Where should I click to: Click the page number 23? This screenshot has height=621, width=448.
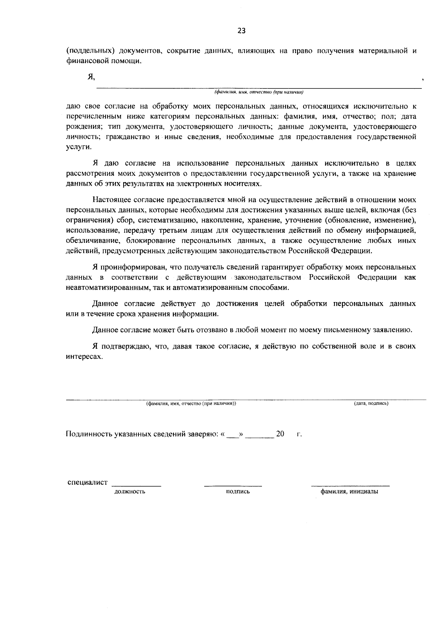(x=241, y=31)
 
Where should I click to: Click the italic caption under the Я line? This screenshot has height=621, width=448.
(x=259, y=92)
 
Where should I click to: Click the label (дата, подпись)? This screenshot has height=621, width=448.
(x=371, y=404)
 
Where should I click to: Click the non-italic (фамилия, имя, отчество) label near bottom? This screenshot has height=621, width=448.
(x=191, y=404)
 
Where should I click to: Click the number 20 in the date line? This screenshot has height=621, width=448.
(x=280, y=434)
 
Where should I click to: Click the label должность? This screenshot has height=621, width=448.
(x=130, y=492)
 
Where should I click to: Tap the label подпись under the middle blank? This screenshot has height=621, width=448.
(x=238, y=492)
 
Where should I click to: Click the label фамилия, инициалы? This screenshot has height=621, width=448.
(x=349, y=492)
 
